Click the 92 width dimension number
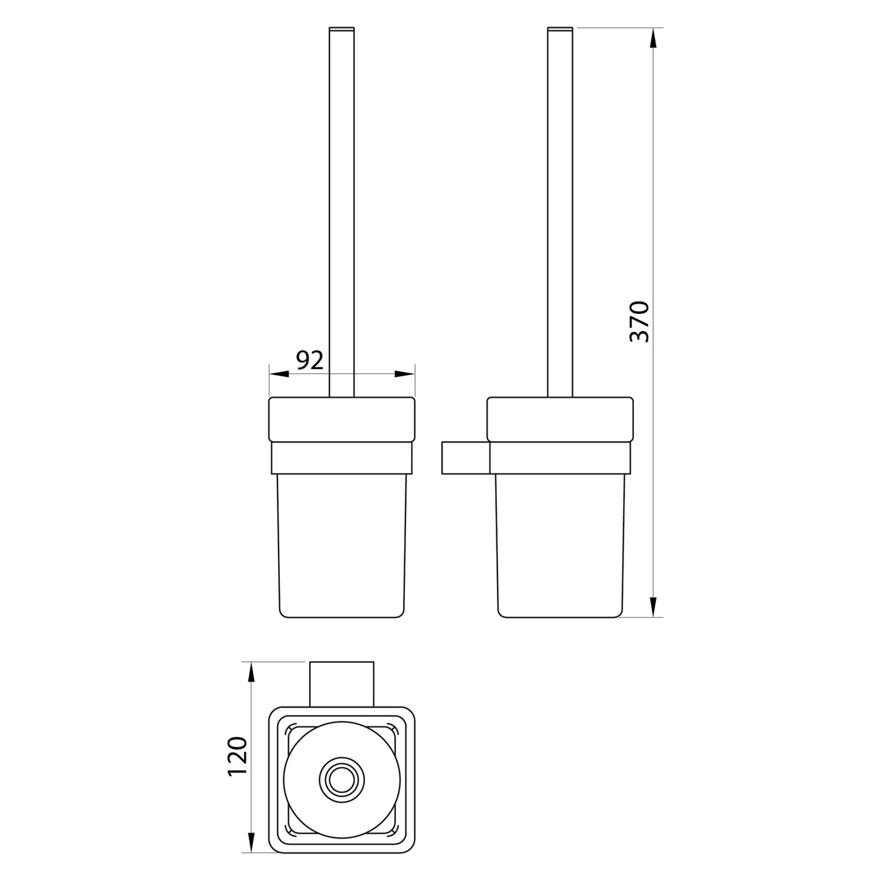[x=310, y=360]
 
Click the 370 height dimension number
[x=639, y=321]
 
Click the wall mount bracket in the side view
[x=465, y=458]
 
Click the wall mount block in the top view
[x=342, y=684]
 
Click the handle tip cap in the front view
[x=342, y=28]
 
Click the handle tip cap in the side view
[x=560, y=28]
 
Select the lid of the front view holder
[x=341, y=419]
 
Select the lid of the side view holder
[x=560, y=419]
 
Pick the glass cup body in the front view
[x=341, y=544]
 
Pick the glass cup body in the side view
[x=560, y=544]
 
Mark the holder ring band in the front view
[x=341, y=457]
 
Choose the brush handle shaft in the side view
[x=560, y=210]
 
